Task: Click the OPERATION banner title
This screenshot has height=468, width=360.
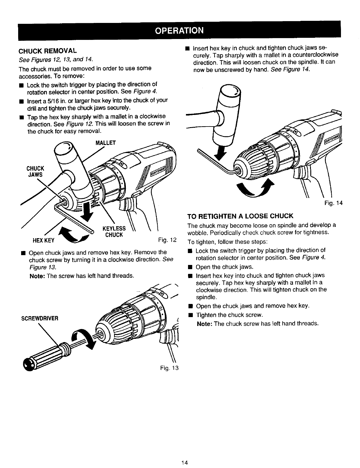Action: (179, 30)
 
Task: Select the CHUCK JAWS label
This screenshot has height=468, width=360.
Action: (35, 172)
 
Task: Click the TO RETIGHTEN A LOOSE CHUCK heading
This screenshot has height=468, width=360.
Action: (240, 216)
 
